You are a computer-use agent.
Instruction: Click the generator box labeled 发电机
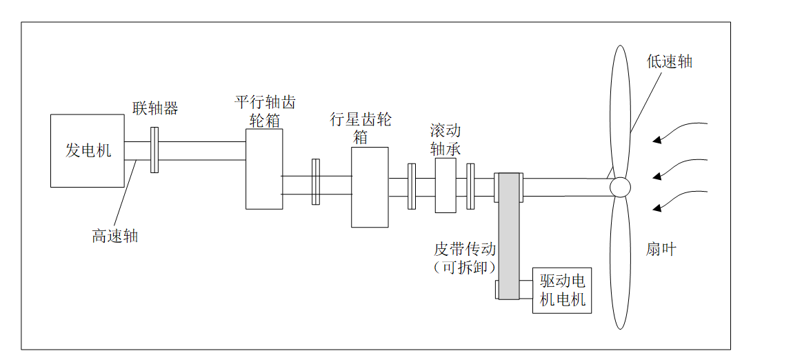(x=88, y=150)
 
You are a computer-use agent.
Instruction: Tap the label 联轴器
(x=155, y=108)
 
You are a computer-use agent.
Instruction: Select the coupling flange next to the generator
(x=154, y=150)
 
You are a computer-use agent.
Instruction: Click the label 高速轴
(x=115, y=236)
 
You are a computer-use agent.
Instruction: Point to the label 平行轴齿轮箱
(x=265, y=111)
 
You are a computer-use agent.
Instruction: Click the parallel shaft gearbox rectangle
(x=264, y=169)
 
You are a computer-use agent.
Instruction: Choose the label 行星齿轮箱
(x=360, y=128)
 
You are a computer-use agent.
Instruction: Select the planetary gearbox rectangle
(x=370, y=187)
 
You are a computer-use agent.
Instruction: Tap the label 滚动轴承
(x=445, y=139)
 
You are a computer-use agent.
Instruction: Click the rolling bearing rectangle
(x=445, y=186)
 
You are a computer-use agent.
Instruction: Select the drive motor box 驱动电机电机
(x=562, y=290)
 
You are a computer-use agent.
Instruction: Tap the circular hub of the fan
(x=619, y=186)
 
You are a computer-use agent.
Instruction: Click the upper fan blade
(x=619, y=110)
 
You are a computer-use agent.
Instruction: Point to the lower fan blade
(x=619, y=262)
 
